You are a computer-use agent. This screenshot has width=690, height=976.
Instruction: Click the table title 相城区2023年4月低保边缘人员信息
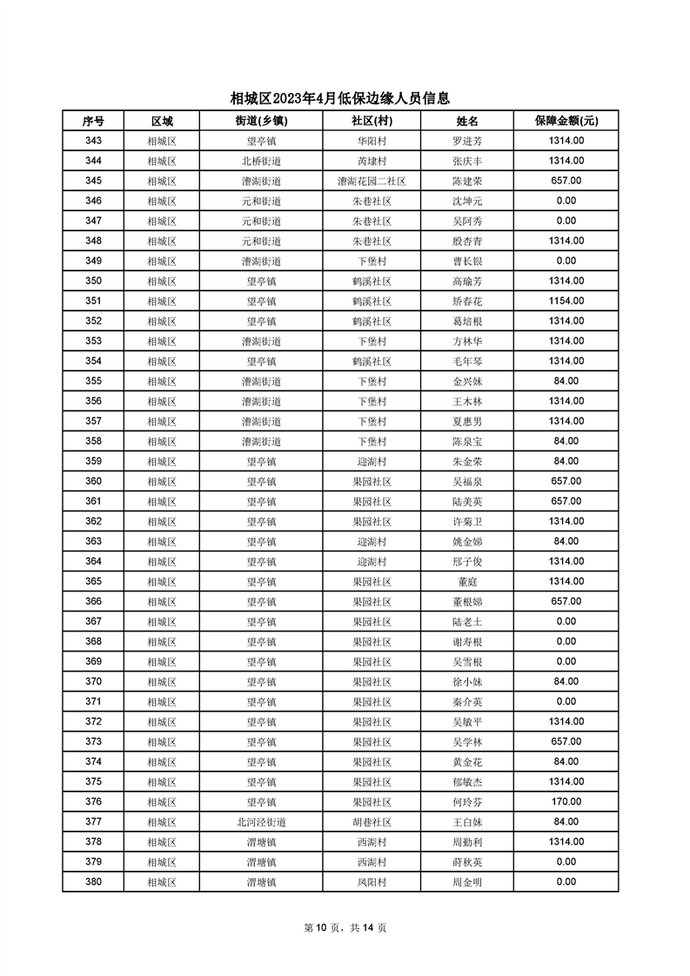pyautogui.click(x=345, y=98)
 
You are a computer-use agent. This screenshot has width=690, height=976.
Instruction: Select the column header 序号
pyautogui.click(x=93, y=121)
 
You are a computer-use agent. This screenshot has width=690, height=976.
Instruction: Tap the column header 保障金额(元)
pyautogui.click(x=566, y=121)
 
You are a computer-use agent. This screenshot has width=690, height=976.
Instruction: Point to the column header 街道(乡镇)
pyautogui.click(x=261, y=121)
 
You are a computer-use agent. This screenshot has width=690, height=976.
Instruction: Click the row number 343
pyautogui.click(x=93, y=141)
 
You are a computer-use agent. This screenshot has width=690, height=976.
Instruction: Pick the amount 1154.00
pyautogui.click(x=566, y=301)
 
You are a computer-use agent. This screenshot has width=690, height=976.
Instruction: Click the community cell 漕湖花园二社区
pyautogui.click(x=372, y=181)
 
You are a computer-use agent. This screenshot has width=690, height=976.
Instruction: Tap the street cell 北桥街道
pyautogui.click(x=261, y=161)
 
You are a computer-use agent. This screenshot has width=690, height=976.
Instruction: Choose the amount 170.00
pyautogui.click(x=566, y=801)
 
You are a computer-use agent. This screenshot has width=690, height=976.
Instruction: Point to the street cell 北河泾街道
pyautogui.click(x=261, y=821)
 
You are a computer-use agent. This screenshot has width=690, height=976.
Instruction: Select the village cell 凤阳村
pyautogui.click(x=372, y=881)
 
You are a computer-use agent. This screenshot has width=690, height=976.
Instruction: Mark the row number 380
pyautogui.click(x=93, y=881)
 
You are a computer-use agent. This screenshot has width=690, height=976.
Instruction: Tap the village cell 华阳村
pyautogui.click(x=372, y=141)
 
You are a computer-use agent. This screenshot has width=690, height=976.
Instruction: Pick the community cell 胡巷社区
pyautogui.click(x=372, y=821)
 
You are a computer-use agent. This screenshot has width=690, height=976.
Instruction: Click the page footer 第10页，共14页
pyautogui.click(x=345, y=927)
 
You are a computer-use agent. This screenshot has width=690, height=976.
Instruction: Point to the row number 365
pyautogui.click(x=93, y=581)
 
